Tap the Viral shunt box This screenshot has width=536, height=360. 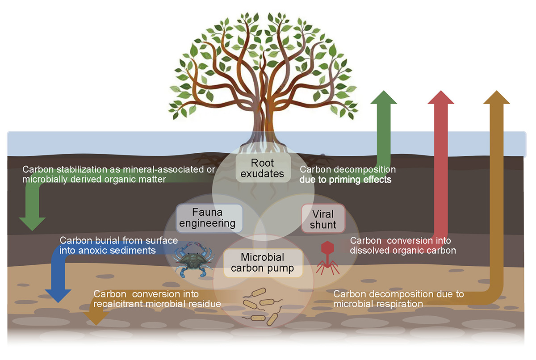[323, 218]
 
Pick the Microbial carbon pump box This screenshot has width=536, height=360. [264, 263]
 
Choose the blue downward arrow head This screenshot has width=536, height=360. [58, 295]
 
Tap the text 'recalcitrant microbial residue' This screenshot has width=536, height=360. [158, 304]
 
